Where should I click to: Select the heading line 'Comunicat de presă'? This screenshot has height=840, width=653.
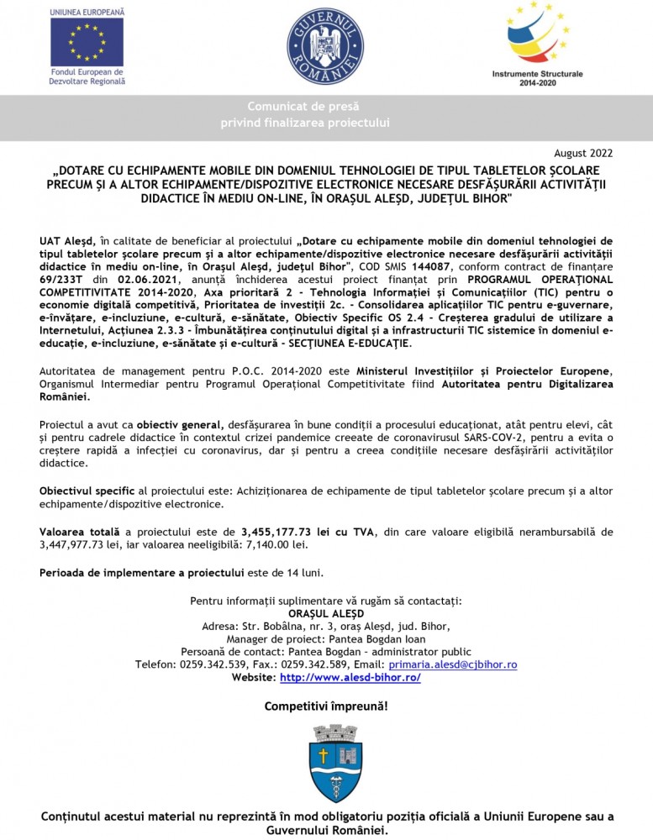coord(303,107)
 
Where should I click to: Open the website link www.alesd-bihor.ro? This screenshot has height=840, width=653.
coord(350,677)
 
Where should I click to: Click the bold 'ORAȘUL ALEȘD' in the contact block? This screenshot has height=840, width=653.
coord(325,614)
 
